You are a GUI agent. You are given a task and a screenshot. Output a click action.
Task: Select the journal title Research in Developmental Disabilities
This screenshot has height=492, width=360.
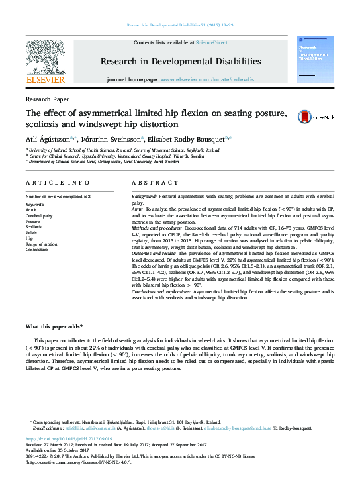tap(180, 61)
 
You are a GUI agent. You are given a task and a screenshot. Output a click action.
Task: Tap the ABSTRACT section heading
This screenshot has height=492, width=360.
tap(151, 182)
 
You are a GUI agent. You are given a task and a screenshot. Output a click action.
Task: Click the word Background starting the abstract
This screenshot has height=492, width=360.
tap(144, 197)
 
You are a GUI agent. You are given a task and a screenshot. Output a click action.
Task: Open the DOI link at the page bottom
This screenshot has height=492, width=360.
tap(69, 438)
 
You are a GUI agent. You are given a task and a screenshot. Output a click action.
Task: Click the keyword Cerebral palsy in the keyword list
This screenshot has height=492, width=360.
tap(40, 216)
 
